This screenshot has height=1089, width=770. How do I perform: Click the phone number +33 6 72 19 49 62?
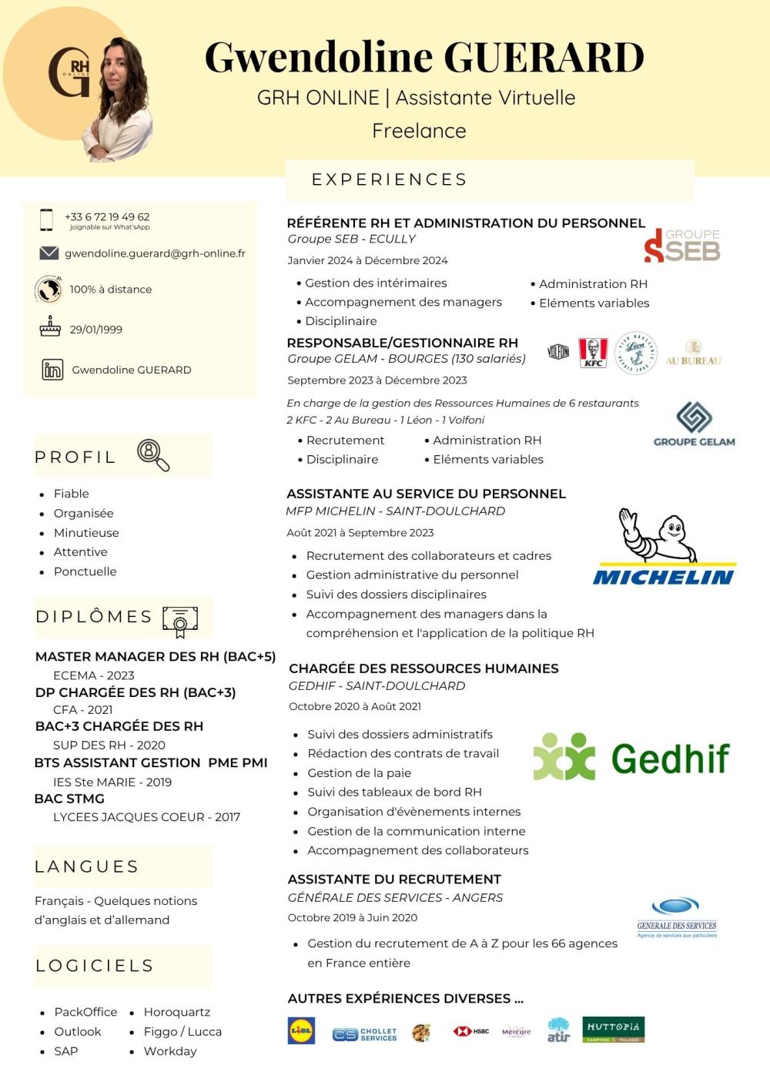click(107, 217)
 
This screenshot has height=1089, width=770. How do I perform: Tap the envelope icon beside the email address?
click(49, 253)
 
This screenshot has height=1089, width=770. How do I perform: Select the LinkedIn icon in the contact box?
click(52, 370)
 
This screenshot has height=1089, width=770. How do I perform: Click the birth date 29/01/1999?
click(95, 330)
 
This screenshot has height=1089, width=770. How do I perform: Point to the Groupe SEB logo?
click(682, 246)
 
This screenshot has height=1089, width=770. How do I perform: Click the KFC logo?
click(593, 353)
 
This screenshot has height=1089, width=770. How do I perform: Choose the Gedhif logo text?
click(670, 759)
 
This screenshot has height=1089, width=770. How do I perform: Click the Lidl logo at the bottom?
click(301, 1031)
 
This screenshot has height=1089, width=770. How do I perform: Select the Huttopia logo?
click(613, 1029)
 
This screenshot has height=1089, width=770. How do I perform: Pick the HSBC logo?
click(471, 1031)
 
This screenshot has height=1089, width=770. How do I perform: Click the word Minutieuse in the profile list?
click(86, 533)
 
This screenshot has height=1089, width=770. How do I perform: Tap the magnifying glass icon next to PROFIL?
click(153, 454)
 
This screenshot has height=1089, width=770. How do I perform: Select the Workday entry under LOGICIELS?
click(170, 1051)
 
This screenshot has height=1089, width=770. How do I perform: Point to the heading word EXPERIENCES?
click(389, 179)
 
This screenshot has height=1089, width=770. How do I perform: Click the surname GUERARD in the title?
click(544, 58)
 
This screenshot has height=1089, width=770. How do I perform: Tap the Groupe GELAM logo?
click(694, 424)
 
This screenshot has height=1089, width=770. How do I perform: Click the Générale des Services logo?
click(677, 916)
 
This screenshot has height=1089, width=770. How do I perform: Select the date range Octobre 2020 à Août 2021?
click(355, 706)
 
